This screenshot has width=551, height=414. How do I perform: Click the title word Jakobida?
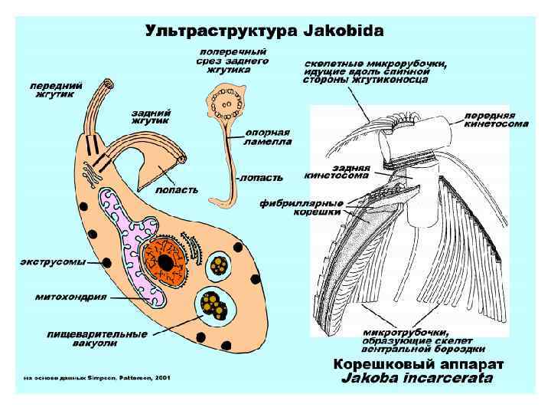(344, 31)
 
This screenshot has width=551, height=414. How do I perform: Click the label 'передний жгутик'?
(51, 90)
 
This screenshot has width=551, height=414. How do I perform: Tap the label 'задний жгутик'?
(151, 116)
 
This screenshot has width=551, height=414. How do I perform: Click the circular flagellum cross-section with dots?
(228, 102)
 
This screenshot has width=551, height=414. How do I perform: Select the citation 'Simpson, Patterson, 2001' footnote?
(97, 377)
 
